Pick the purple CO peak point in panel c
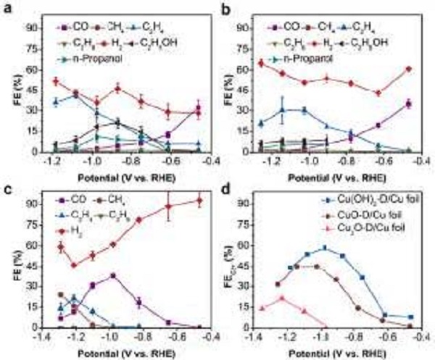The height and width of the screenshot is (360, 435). (113, 275)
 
